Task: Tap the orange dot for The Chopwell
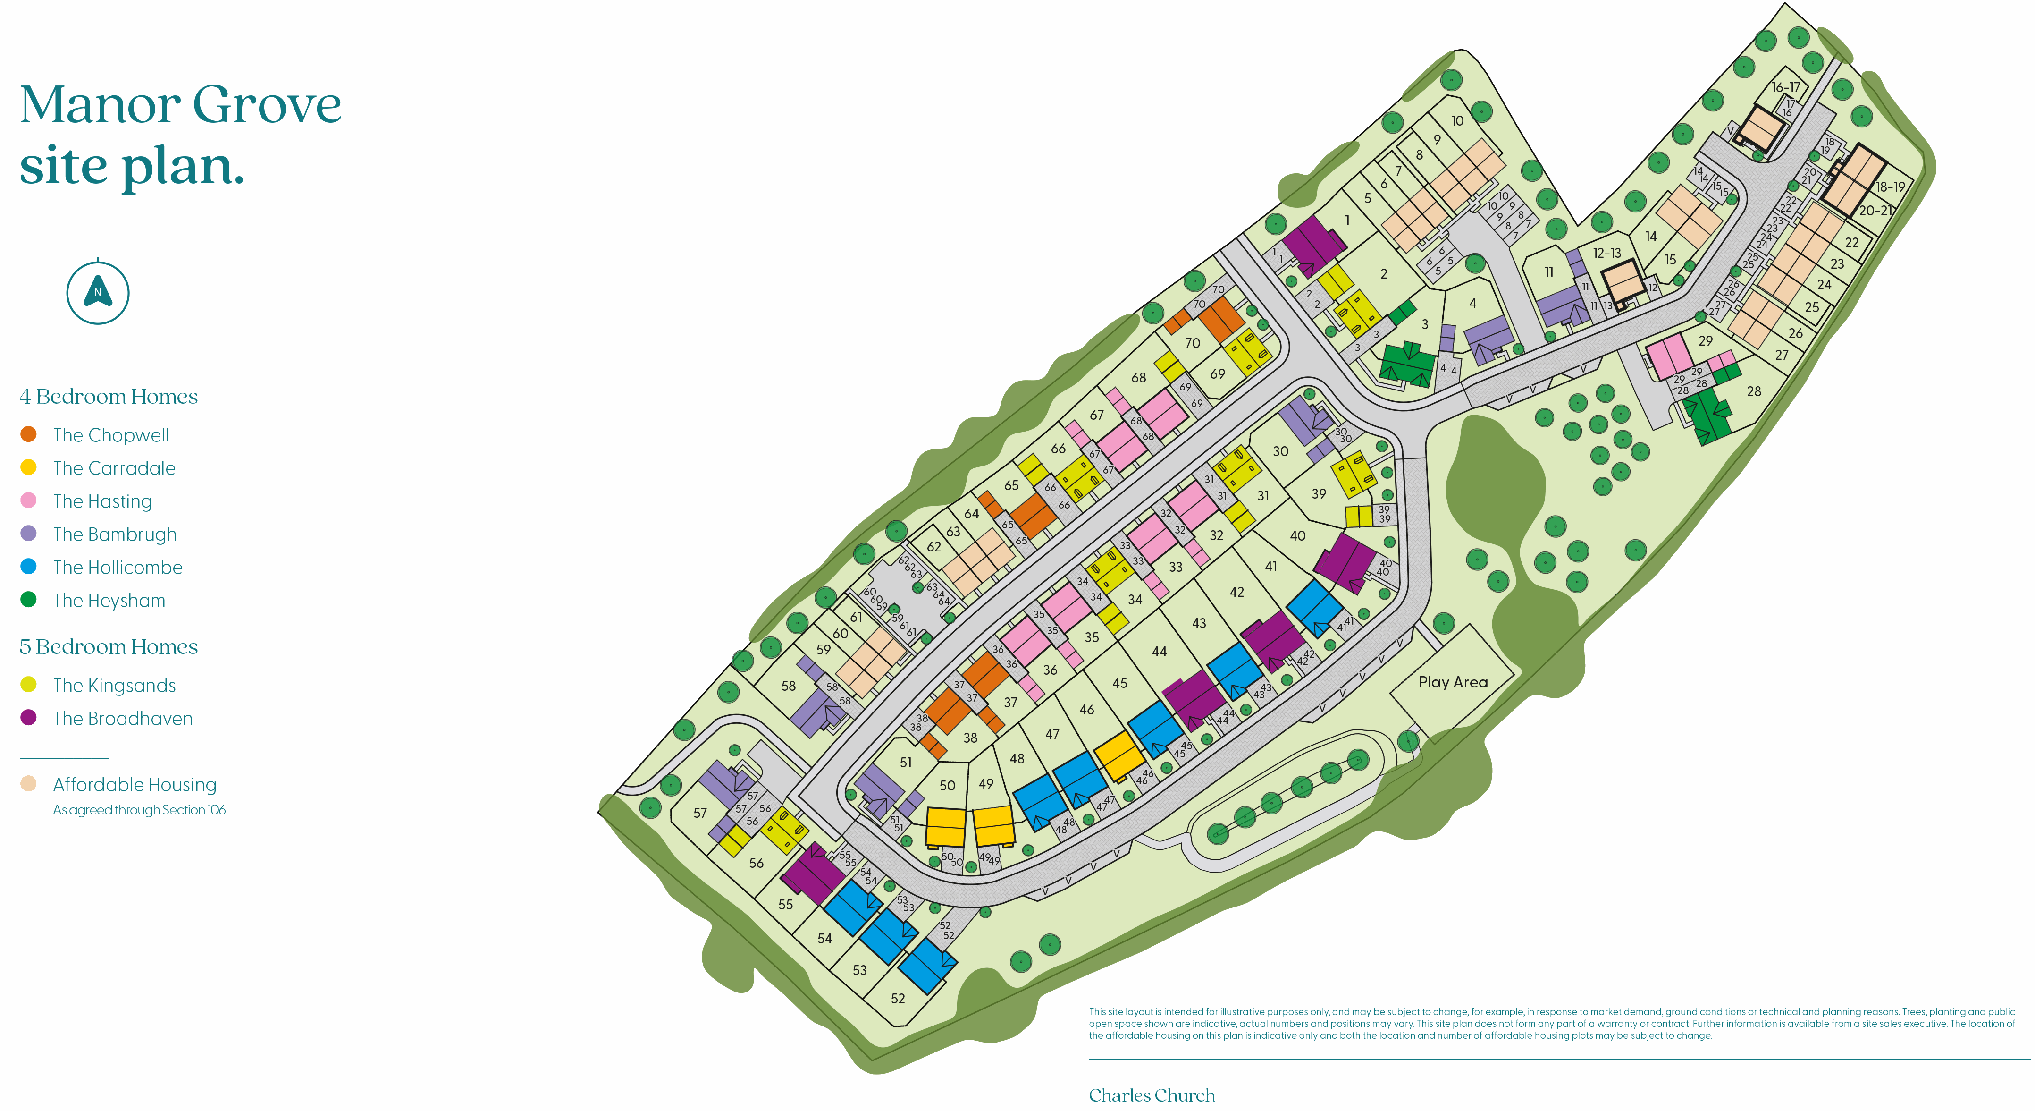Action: coord(28,434)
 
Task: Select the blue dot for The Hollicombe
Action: coord(28,567)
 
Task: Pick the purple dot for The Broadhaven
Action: coord(28,718)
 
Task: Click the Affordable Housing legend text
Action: coord(135,785)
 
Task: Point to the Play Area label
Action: coord(1453,682)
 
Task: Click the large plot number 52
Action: coord(898,998)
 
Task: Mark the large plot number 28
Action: coord(1754,391)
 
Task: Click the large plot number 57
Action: coord(700,812)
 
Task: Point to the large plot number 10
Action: coord(1457,121)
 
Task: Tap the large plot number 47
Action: coord(1052,734)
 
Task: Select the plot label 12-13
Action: coord(1607,253)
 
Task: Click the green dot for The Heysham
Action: coord(28,600)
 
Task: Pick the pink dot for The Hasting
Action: coord(28,500)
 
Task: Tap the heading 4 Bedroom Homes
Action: coord(108,397)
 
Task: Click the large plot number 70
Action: coord(1192,343)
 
